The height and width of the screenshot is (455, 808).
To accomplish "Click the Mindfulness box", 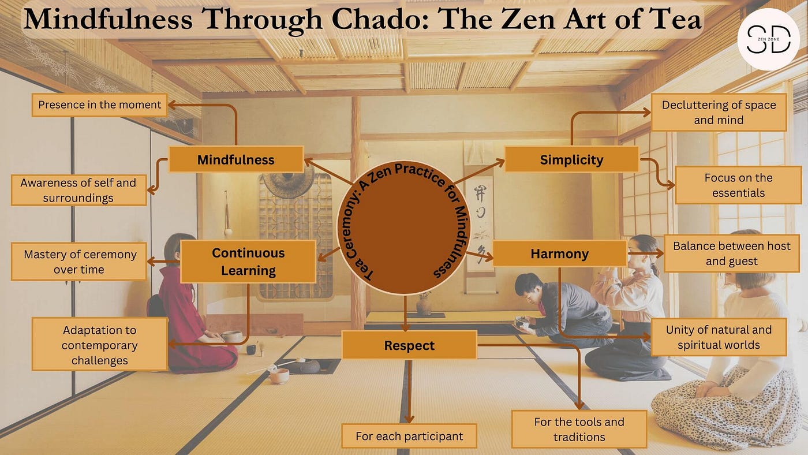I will [x=235, y=159].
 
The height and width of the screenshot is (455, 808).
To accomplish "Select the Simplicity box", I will [x=571, y=159].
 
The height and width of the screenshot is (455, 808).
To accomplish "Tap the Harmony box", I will [x=559, y=253].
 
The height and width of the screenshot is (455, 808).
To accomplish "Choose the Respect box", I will [x=409, y=345].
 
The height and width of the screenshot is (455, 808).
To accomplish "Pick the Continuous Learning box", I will [x=248, y=262].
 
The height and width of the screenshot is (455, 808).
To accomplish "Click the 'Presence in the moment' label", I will [x=100, y=105].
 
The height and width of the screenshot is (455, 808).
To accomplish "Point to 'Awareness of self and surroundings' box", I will [x=78, y=190].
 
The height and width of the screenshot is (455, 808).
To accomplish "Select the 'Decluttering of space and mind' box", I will [x=719, y=113].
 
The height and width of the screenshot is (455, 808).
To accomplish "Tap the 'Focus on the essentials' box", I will [x=738, y=185].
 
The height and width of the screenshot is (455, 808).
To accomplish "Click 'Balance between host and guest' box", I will [x=731, y=253].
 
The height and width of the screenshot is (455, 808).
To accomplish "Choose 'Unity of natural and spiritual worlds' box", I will [x=719, y=337].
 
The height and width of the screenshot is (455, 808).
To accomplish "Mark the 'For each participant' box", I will [x=409, y=436].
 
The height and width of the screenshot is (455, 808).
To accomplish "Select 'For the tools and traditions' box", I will [x=579, y=429].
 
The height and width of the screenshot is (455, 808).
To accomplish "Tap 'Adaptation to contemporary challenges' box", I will [x=100, y=345].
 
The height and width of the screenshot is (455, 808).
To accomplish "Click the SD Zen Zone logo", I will [x=768, y=39].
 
